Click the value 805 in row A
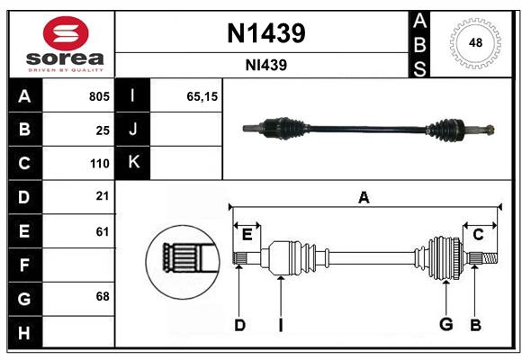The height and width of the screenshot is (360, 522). pos(99,96)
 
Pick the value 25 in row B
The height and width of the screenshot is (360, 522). pos(103,130)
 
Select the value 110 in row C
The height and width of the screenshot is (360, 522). pos(99,164)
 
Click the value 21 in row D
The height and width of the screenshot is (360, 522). pos(103,196)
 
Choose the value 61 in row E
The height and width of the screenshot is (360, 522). pos(103,231)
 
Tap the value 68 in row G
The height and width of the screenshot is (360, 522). pos(103,297)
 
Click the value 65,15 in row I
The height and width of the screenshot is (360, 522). pos(202,96)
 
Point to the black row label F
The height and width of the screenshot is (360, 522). pos(24,265)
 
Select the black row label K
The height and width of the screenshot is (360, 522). pos(134,163)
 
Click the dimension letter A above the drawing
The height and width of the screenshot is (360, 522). pos(364,197)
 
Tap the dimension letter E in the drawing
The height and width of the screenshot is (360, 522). pos(247,236)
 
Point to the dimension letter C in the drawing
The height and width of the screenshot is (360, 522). pos(478,235)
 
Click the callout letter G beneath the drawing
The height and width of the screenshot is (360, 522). pos(445,325)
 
